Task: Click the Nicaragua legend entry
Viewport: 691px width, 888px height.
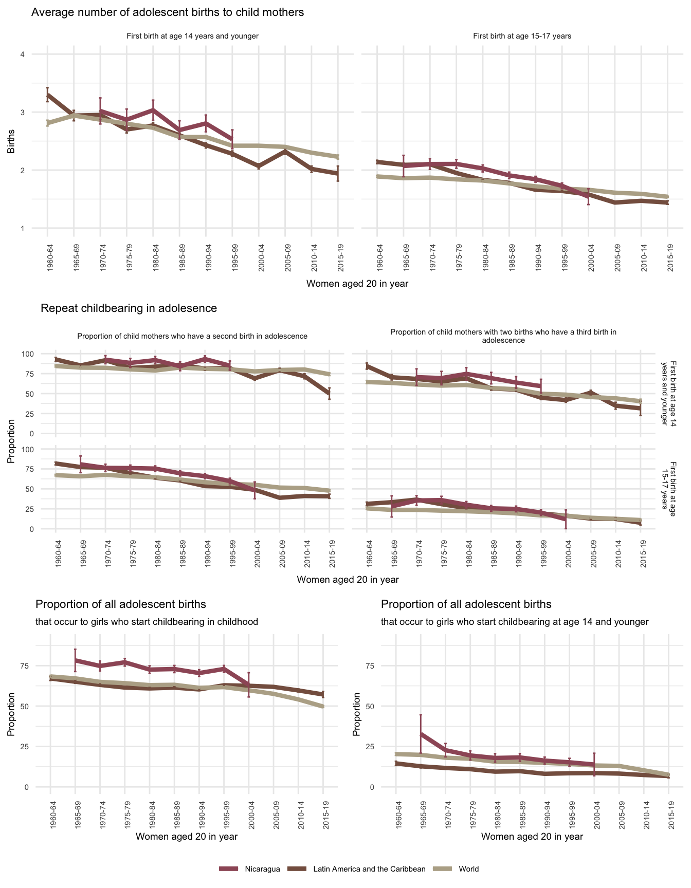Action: [262, 869]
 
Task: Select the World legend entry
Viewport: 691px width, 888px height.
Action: [468, 869]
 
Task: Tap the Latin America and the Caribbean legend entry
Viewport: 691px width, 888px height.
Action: [369, 869]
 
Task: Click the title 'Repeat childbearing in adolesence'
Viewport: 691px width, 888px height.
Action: [129, 308]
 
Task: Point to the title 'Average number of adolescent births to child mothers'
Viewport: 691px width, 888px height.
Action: [168, 12]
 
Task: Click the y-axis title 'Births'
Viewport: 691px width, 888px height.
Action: [11, 141]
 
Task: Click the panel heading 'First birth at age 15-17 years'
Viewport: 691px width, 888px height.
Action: [522, 36]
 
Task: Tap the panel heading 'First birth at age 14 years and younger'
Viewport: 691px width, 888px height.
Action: [192, 36]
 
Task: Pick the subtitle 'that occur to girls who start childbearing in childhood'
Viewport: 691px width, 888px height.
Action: [147, 622]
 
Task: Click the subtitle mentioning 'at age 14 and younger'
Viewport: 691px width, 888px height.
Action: [515, 622]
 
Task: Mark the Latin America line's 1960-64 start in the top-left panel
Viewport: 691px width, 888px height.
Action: [47, 95]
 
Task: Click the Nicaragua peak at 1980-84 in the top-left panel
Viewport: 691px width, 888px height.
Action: [153, 109]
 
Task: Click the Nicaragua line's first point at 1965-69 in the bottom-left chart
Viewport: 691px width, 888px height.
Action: [75, 660]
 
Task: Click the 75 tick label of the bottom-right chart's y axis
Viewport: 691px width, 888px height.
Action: [369, 666]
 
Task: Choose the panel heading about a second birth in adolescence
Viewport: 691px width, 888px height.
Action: [192, 336]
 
